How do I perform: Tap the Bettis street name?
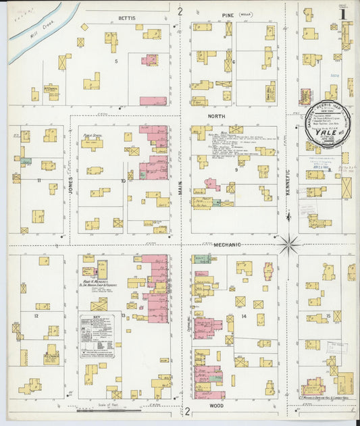(126, 17)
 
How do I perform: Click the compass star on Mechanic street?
(289, 244)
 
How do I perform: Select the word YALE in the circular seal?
(328, 132)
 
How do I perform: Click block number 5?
(116, 61)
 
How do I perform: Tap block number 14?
(241, 316)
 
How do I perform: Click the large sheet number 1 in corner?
(343, 13)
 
